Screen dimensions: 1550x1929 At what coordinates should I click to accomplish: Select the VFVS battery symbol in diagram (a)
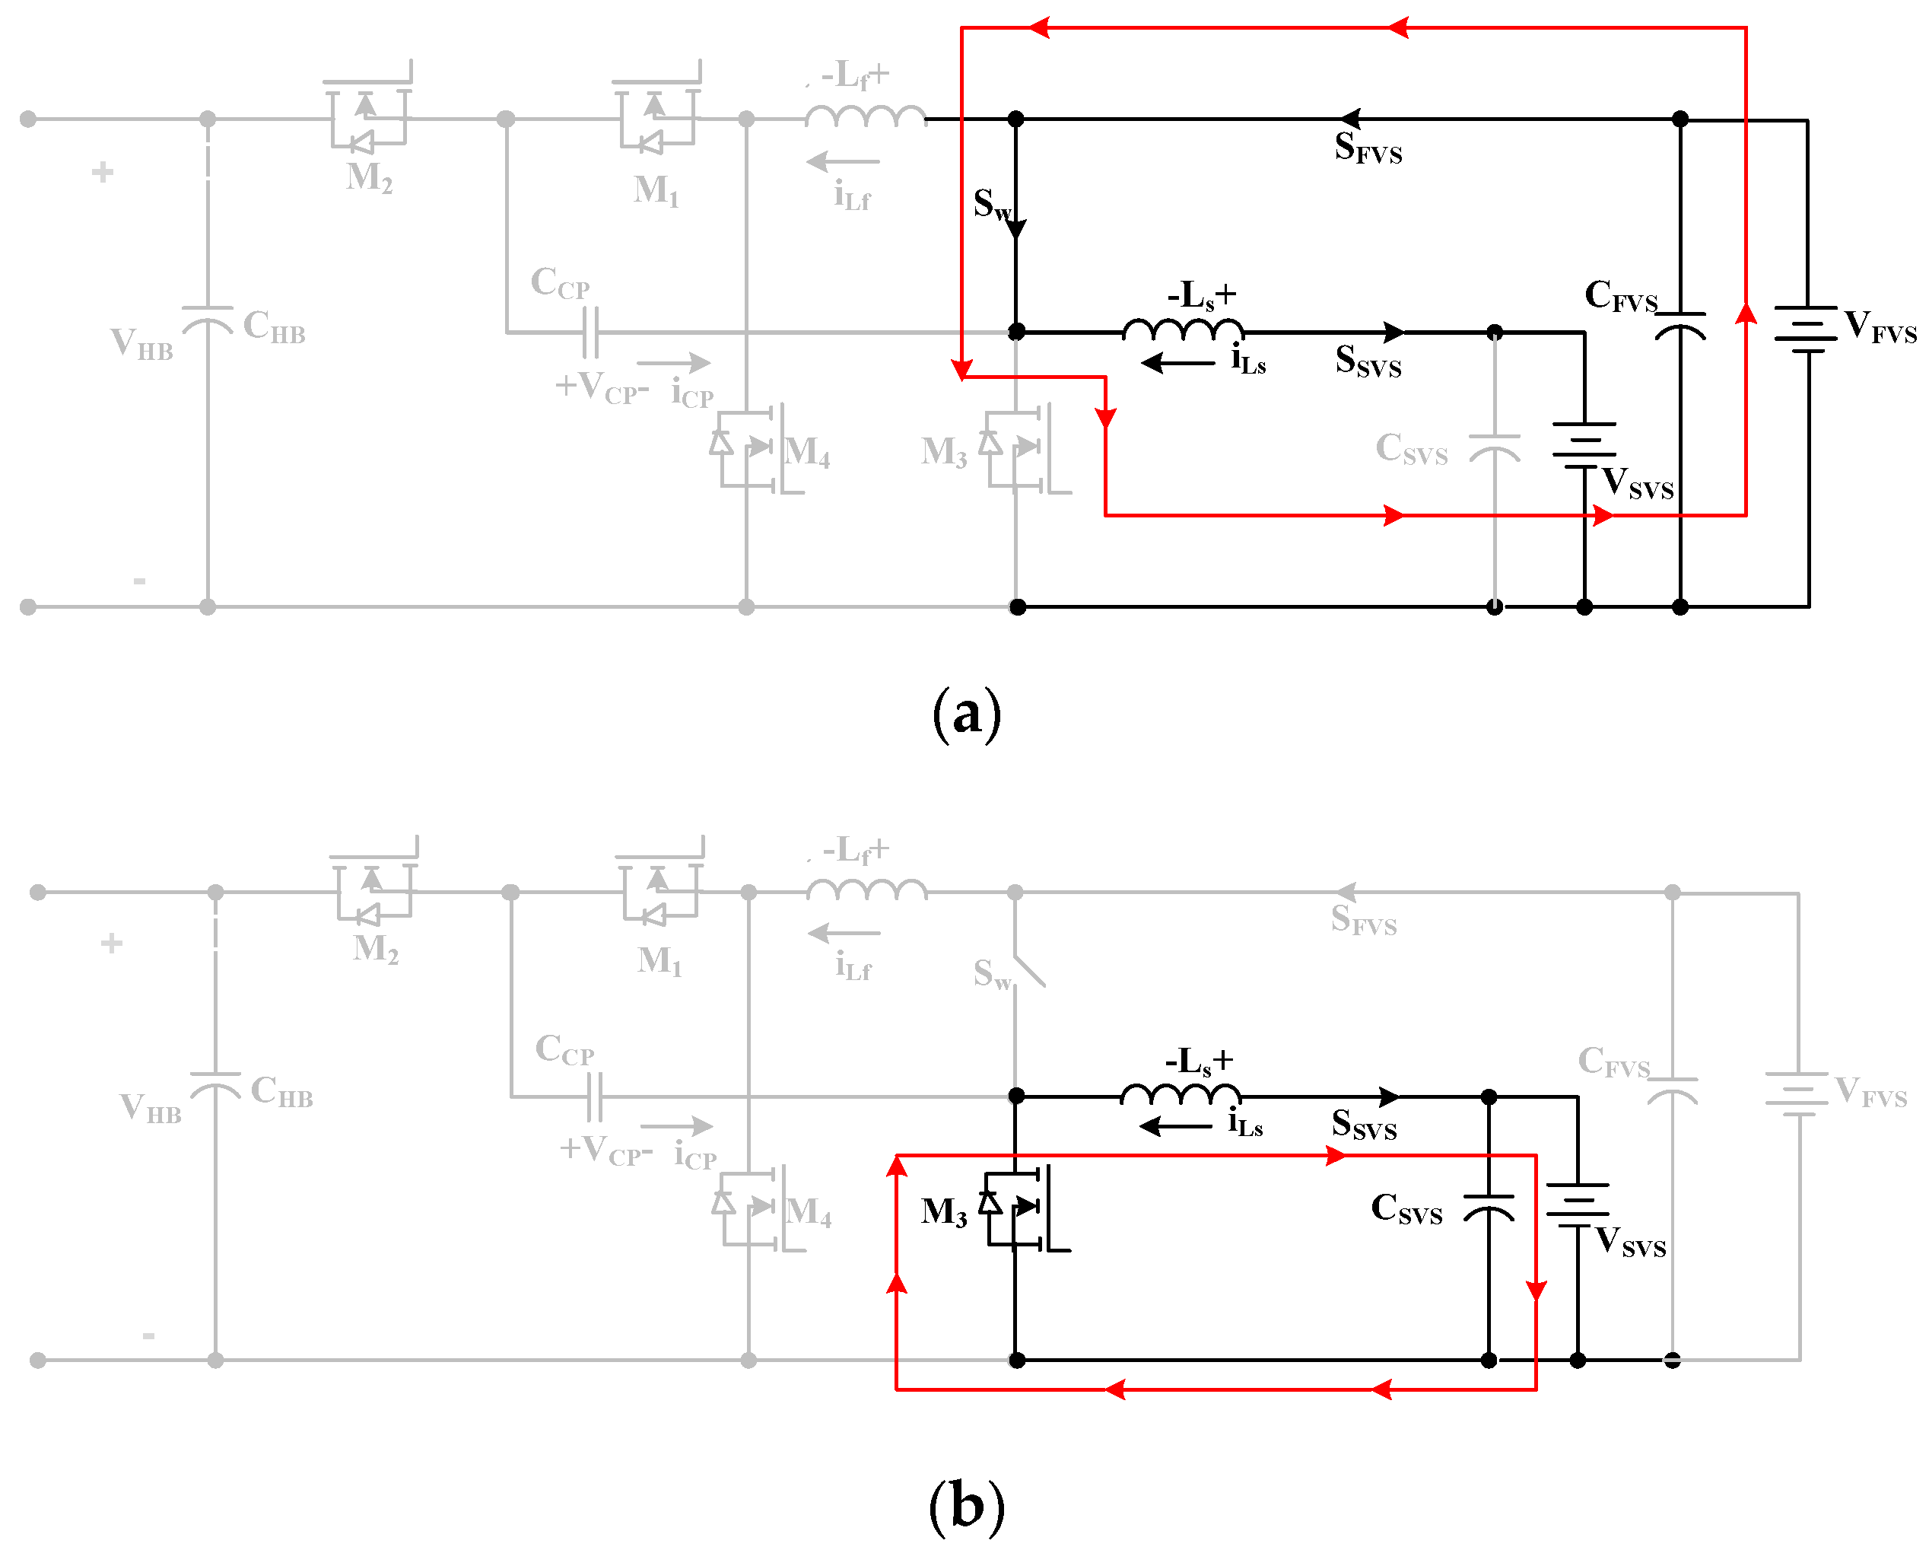[x=1807, y=329]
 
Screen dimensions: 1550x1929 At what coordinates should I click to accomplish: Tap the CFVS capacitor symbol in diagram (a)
[x=1680, y=326]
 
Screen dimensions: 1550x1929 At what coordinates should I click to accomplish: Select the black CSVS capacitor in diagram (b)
[x=1488, y=1208]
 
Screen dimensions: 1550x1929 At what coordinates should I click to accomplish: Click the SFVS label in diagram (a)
[x=1367, y=148]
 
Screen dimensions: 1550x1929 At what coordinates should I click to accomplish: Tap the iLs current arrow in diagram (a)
[x=1177, y=363]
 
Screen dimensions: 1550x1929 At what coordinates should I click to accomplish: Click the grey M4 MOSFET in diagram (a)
[x=752, y=447]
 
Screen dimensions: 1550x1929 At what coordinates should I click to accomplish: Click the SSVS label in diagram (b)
[x=1362, y=1125]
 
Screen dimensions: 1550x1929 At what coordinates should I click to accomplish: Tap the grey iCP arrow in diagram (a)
[x=673, y=363]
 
